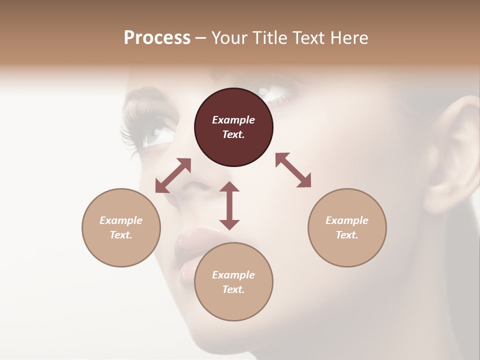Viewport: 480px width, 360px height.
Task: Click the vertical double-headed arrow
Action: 229,205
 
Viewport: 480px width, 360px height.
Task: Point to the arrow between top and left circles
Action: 173,175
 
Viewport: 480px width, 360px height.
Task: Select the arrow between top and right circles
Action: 293,170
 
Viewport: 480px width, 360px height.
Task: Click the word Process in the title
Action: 157,37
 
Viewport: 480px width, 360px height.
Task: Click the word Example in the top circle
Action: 233,120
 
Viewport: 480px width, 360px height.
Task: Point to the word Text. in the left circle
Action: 121,235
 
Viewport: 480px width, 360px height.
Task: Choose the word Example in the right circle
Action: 347,220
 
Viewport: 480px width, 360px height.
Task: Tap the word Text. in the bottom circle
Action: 233,289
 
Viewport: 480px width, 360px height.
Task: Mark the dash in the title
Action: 201,38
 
